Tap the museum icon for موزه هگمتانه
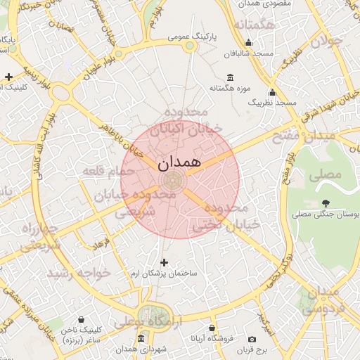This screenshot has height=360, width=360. click(230, 77)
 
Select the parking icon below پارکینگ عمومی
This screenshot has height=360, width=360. click(190, 46)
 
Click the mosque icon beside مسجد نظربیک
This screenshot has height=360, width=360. click(273, 92)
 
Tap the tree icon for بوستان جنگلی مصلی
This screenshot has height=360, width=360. click(324, 205)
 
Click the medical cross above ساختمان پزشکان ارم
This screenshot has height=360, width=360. click(165, 262)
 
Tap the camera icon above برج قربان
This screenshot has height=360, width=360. click(252, 339)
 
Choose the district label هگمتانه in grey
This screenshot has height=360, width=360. click(253, 25)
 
